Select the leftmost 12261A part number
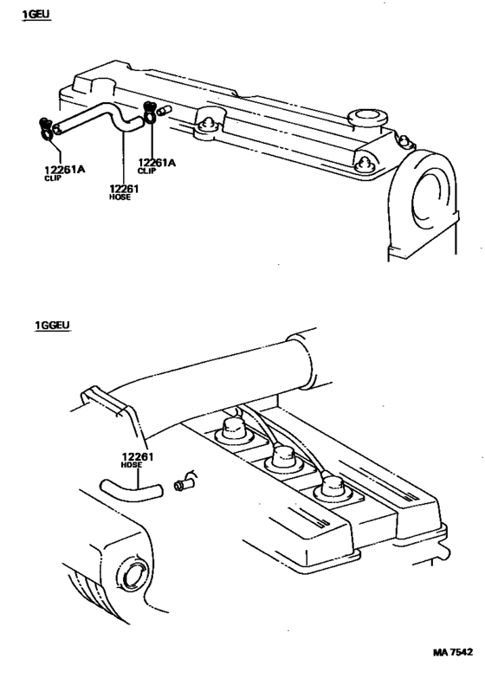(x=64, y=170)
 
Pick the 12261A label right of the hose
(x=157, y=162)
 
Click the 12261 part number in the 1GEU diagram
(x=123, y=189)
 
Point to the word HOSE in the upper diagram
(x=120, y=198)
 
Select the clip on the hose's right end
(x=150, y=113)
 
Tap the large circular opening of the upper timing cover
(x=430, y=198)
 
